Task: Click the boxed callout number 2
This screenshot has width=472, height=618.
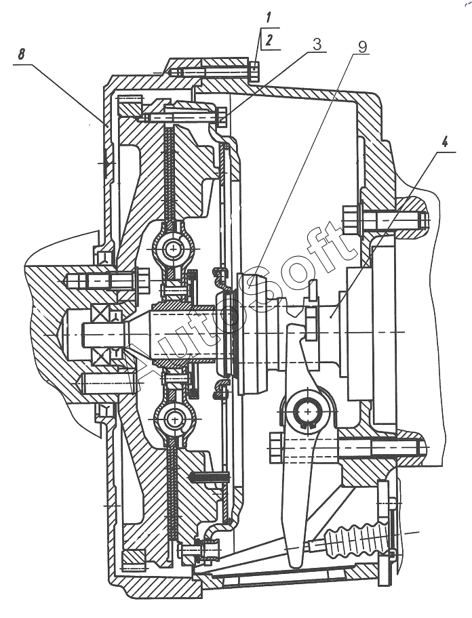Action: tap(269, 41)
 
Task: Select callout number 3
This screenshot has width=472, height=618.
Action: tap(317, 45)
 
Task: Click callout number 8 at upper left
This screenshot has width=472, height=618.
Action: tap(21, 54)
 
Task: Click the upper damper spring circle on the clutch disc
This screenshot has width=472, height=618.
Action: tap(173, 249)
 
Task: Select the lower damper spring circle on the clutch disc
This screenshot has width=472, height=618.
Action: tap(174, 419)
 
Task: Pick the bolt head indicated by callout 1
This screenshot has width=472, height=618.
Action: tap(255, 72)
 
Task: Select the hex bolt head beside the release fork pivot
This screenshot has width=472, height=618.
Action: tap(275, 447)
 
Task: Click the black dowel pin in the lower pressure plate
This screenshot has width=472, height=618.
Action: tap(210, 477)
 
